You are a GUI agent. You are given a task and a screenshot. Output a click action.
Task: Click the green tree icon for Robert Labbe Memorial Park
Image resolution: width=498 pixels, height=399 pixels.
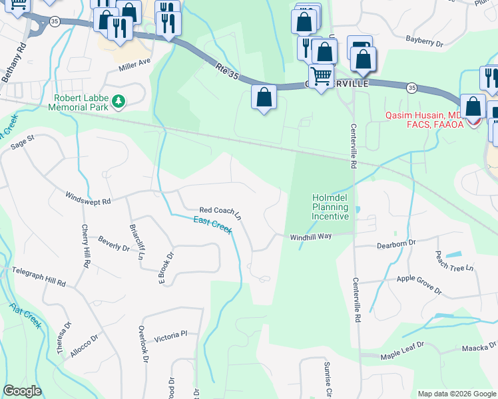tap(119, 101)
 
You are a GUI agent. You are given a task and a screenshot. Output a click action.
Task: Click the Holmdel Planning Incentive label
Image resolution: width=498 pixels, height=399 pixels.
tap(331, 207)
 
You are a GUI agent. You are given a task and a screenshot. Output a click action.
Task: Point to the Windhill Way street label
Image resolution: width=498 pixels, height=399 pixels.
tap(310, 237)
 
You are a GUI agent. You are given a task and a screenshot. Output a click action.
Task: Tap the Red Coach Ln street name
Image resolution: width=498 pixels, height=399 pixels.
tap(220, 212)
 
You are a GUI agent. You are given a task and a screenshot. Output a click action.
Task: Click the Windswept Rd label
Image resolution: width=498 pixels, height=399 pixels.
tap(88, 198)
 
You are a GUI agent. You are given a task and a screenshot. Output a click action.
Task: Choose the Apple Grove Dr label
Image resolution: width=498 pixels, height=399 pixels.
tap(419, 285)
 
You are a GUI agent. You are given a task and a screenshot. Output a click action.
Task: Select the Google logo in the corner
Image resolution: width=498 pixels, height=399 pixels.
tap(22, 391)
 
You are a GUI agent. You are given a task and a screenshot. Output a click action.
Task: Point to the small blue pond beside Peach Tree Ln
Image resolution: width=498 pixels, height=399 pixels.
tap(453, 255)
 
